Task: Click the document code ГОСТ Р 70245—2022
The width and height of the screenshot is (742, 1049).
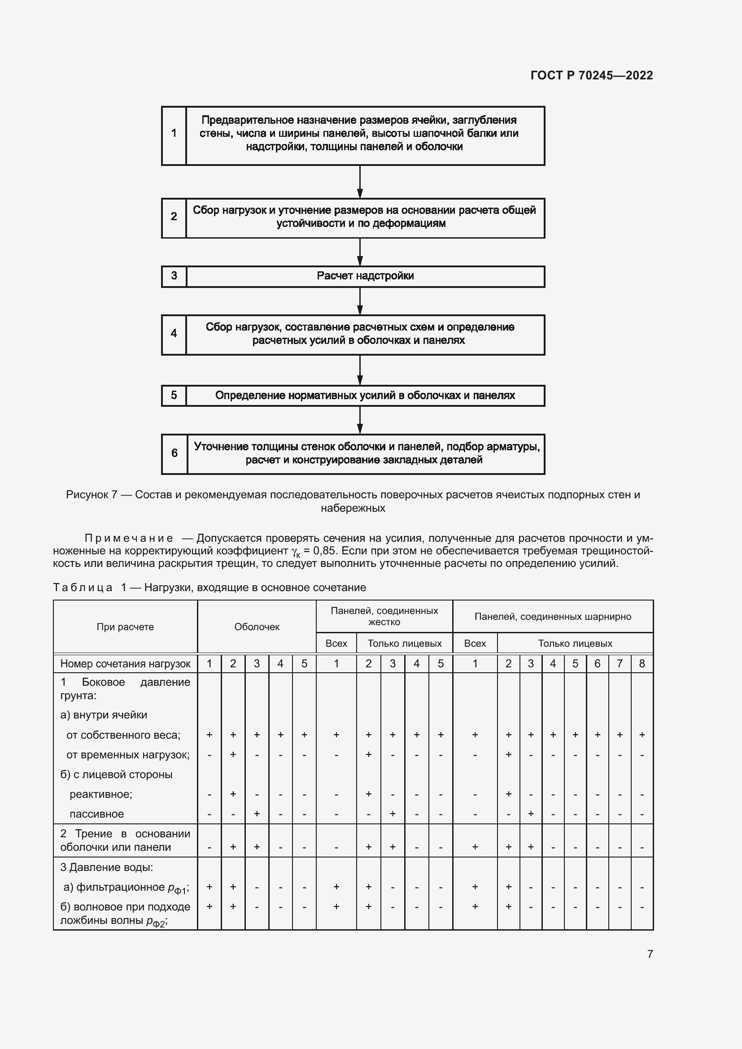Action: [591, 75]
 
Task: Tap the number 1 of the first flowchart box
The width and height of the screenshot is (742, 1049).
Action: [174, 133]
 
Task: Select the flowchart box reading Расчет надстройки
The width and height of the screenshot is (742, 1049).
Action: [365, 276]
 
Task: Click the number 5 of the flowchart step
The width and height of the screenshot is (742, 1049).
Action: [174, 395]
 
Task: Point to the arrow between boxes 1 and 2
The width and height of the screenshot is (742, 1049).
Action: [360, 182]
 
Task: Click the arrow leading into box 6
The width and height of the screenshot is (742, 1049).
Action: [360, 420]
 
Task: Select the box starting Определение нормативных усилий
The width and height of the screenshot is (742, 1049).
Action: [365, 396]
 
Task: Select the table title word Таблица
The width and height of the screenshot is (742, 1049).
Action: [83, 588]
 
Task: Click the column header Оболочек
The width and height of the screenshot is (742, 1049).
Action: [256, 627]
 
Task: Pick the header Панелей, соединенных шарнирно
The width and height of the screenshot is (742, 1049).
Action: [552, 616]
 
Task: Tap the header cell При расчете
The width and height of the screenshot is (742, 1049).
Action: [125, 627]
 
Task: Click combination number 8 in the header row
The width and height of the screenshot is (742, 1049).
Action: [642, 663]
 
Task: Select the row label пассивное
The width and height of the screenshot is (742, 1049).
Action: [96, 814]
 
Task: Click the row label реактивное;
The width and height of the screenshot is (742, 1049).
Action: [100, 794]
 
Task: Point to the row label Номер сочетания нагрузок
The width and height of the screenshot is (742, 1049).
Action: [125, 663]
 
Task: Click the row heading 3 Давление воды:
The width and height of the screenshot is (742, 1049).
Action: [106, 867]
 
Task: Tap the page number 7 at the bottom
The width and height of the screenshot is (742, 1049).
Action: [650, 954]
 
